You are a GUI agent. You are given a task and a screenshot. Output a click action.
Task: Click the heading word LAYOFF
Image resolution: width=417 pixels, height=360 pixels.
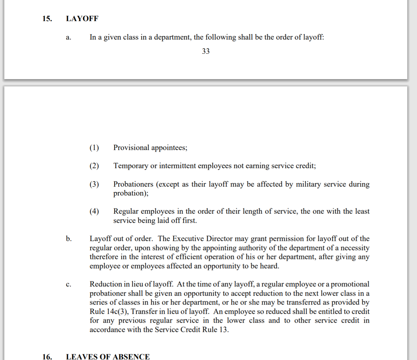[x=82, y=19]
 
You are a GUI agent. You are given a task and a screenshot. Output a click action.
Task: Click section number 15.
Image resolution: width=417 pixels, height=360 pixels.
[x=47, y=19]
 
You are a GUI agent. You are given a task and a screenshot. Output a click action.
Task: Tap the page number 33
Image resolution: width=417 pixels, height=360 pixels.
[x=206, y=51]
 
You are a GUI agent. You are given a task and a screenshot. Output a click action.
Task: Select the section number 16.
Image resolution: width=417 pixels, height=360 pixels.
[x=47, y=356]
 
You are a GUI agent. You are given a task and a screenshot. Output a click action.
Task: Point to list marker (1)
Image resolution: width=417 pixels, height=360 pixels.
[x=94, y=147]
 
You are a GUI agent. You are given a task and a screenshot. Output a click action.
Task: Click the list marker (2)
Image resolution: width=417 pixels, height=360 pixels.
[x=94, y=165]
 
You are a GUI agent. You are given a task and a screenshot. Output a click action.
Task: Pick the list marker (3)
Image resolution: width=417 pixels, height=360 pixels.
[x=94, y=184]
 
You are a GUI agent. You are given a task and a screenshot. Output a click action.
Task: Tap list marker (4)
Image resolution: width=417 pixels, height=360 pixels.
[x=94, y=211]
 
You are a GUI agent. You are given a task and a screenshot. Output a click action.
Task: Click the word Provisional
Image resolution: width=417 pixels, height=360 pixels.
[x=131, y=147]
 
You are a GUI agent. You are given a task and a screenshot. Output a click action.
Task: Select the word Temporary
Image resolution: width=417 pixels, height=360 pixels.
[x=131, y=165]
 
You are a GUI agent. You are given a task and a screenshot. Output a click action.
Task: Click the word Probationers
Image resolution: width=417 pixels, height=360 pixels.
[x=133, y=184]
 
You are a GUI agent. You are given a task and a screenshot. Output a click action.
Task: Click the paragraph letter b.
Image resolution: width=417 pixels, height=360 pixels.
[x=69, y=239]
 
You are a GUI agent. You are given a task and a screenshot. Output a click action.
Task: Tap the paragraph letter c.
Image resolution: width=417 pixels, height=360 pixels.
[x=69, y=284]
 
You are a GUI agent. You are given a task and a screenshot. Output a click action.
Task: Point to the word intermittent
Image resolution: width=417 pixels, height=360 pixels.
[x=178, y=165]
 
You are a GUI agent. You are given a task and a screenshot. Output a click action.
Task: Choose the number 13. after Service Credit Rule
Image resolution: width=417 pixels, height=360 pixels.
[x=224, y=330]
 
